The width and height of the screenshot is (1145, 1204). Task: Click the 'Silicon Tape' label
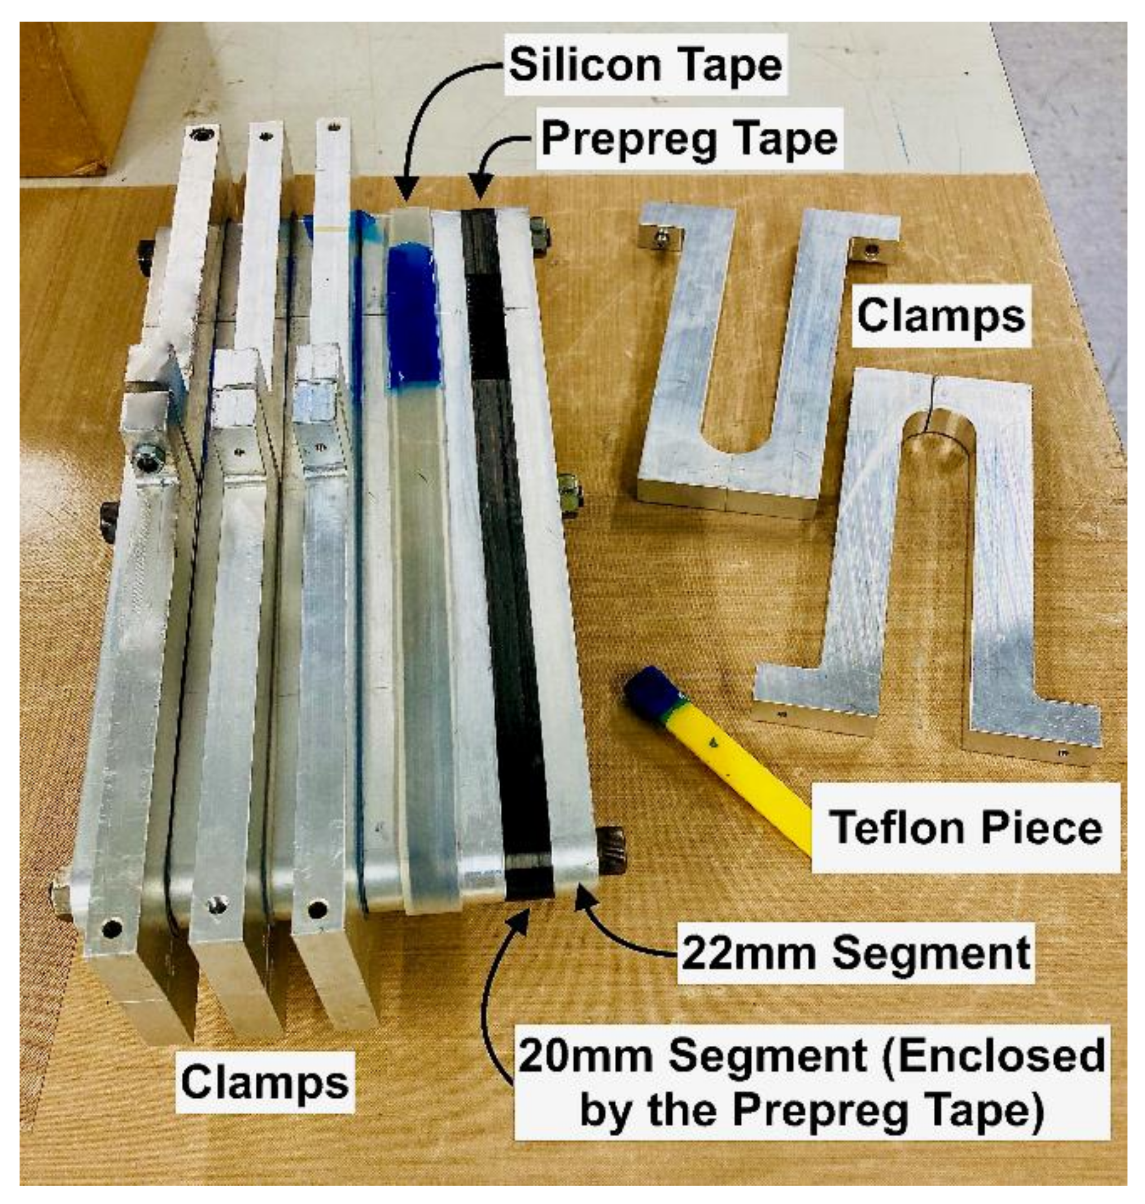pos(646,66)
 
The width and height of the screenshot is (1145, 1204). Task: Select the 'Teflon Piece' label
pos(967,827)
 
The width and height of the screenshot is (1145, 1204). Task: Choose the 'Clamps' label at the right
pos(941,316)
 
